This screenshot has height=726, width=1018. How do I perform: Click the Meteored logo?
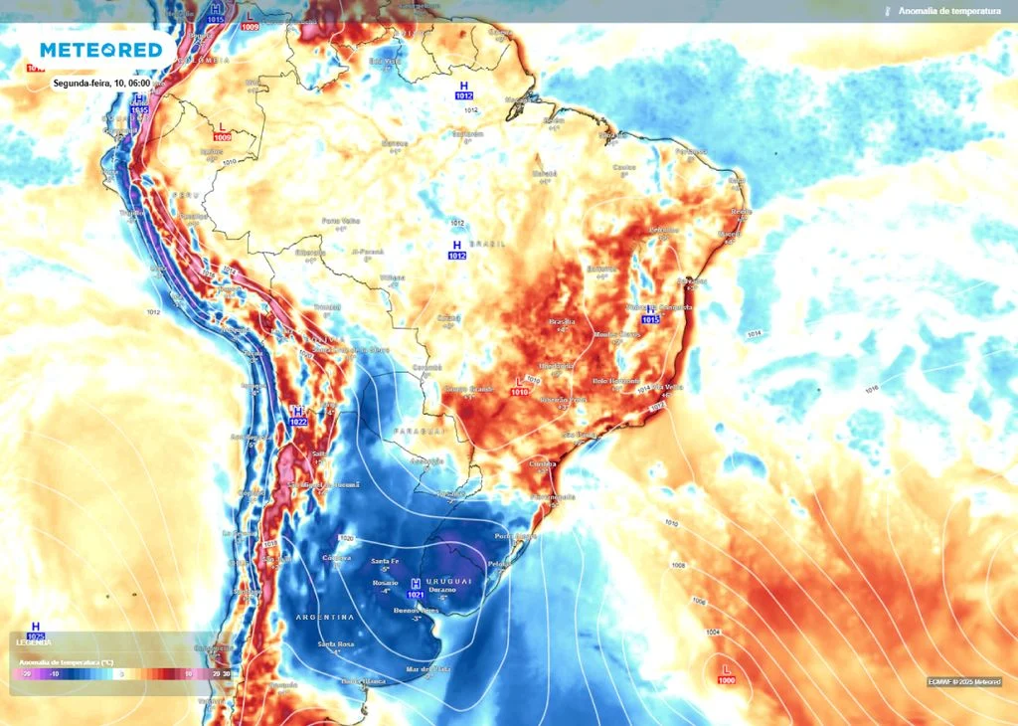100,50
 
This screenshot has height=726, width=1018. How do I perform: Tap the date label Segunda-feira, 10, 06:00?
101,84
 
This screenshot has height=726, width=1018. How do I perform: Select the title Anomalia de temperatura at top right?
948,11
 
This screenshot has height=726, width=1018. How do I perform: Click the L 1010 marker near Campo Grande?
519,387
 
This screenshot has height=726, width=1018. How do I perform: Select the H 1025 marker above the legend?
36,631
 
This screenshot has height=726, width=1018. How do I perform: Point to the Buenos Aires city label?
417,610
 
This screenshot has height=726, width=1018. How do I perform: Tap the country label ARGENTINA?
325,618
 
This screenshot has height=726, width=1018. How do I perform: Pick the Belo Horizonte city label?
616,380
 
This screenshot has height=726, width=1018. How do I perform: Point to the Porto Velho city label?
340,221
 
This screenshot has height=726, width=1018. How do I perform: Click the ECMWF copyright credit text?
963,681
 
